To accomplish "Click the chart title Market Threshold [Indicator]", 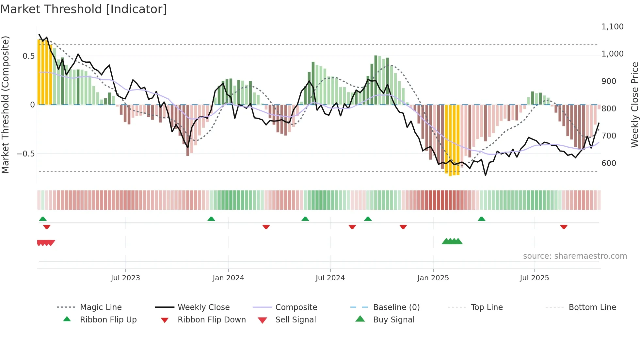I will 84,9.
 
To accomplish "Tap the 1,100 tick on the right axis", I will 612,27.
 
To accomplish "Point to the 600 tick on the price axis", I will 609,163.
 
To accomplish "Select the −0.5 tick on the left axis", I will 26,154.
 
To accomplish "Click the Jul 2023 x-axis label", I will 125,278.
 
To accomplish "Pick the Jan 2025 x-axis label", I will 433,278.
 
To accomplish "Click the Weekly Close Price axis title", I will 634,105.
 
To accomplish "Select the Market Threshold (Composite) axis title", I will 5,105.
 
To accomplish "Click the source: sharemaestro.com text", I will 575,256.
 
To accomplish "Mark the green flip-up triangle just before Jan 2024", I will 211,219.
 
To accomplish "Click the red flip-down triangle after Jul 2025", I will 564,227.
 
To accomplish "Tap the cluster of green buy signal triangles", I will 452,241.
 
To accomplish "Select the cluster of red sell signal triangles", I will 46,243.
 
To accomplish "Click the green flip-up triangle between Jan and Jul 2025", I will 481,219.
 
